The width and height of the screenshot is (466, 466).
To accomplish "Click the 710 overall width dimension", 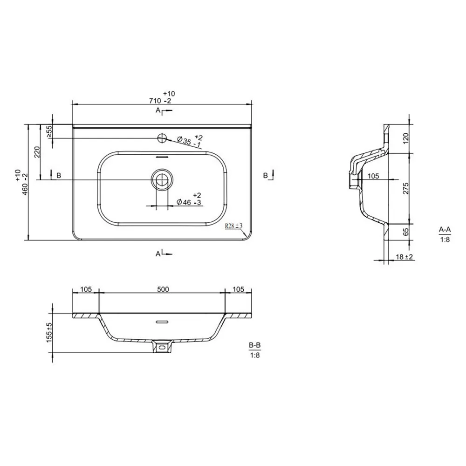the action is [x=162, y=98].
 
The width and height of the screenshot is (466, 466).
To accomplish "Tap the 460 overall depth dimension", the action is [x=22, y=182].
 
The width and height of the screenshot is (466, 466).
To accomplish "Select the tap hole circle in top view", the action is [x=162, y=138].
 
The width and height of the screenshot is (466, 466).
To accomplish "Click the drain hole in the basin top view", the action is [x=162, y=180].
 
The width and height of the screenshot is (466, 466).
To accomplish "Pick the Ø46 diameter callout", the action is [x=189, y=199].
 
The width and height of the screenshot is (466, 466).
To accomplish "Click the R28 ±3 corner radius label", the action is [x=233, y=226].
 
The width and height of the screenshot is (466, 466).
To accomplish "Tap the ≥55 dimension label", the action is [x=49, y=131].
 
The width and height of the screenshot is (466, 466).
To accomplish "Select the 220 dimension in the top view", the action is [x=37, y=152].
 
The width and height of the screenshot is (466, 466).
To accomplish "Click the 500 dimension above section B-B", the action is [x=163, y=289].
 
